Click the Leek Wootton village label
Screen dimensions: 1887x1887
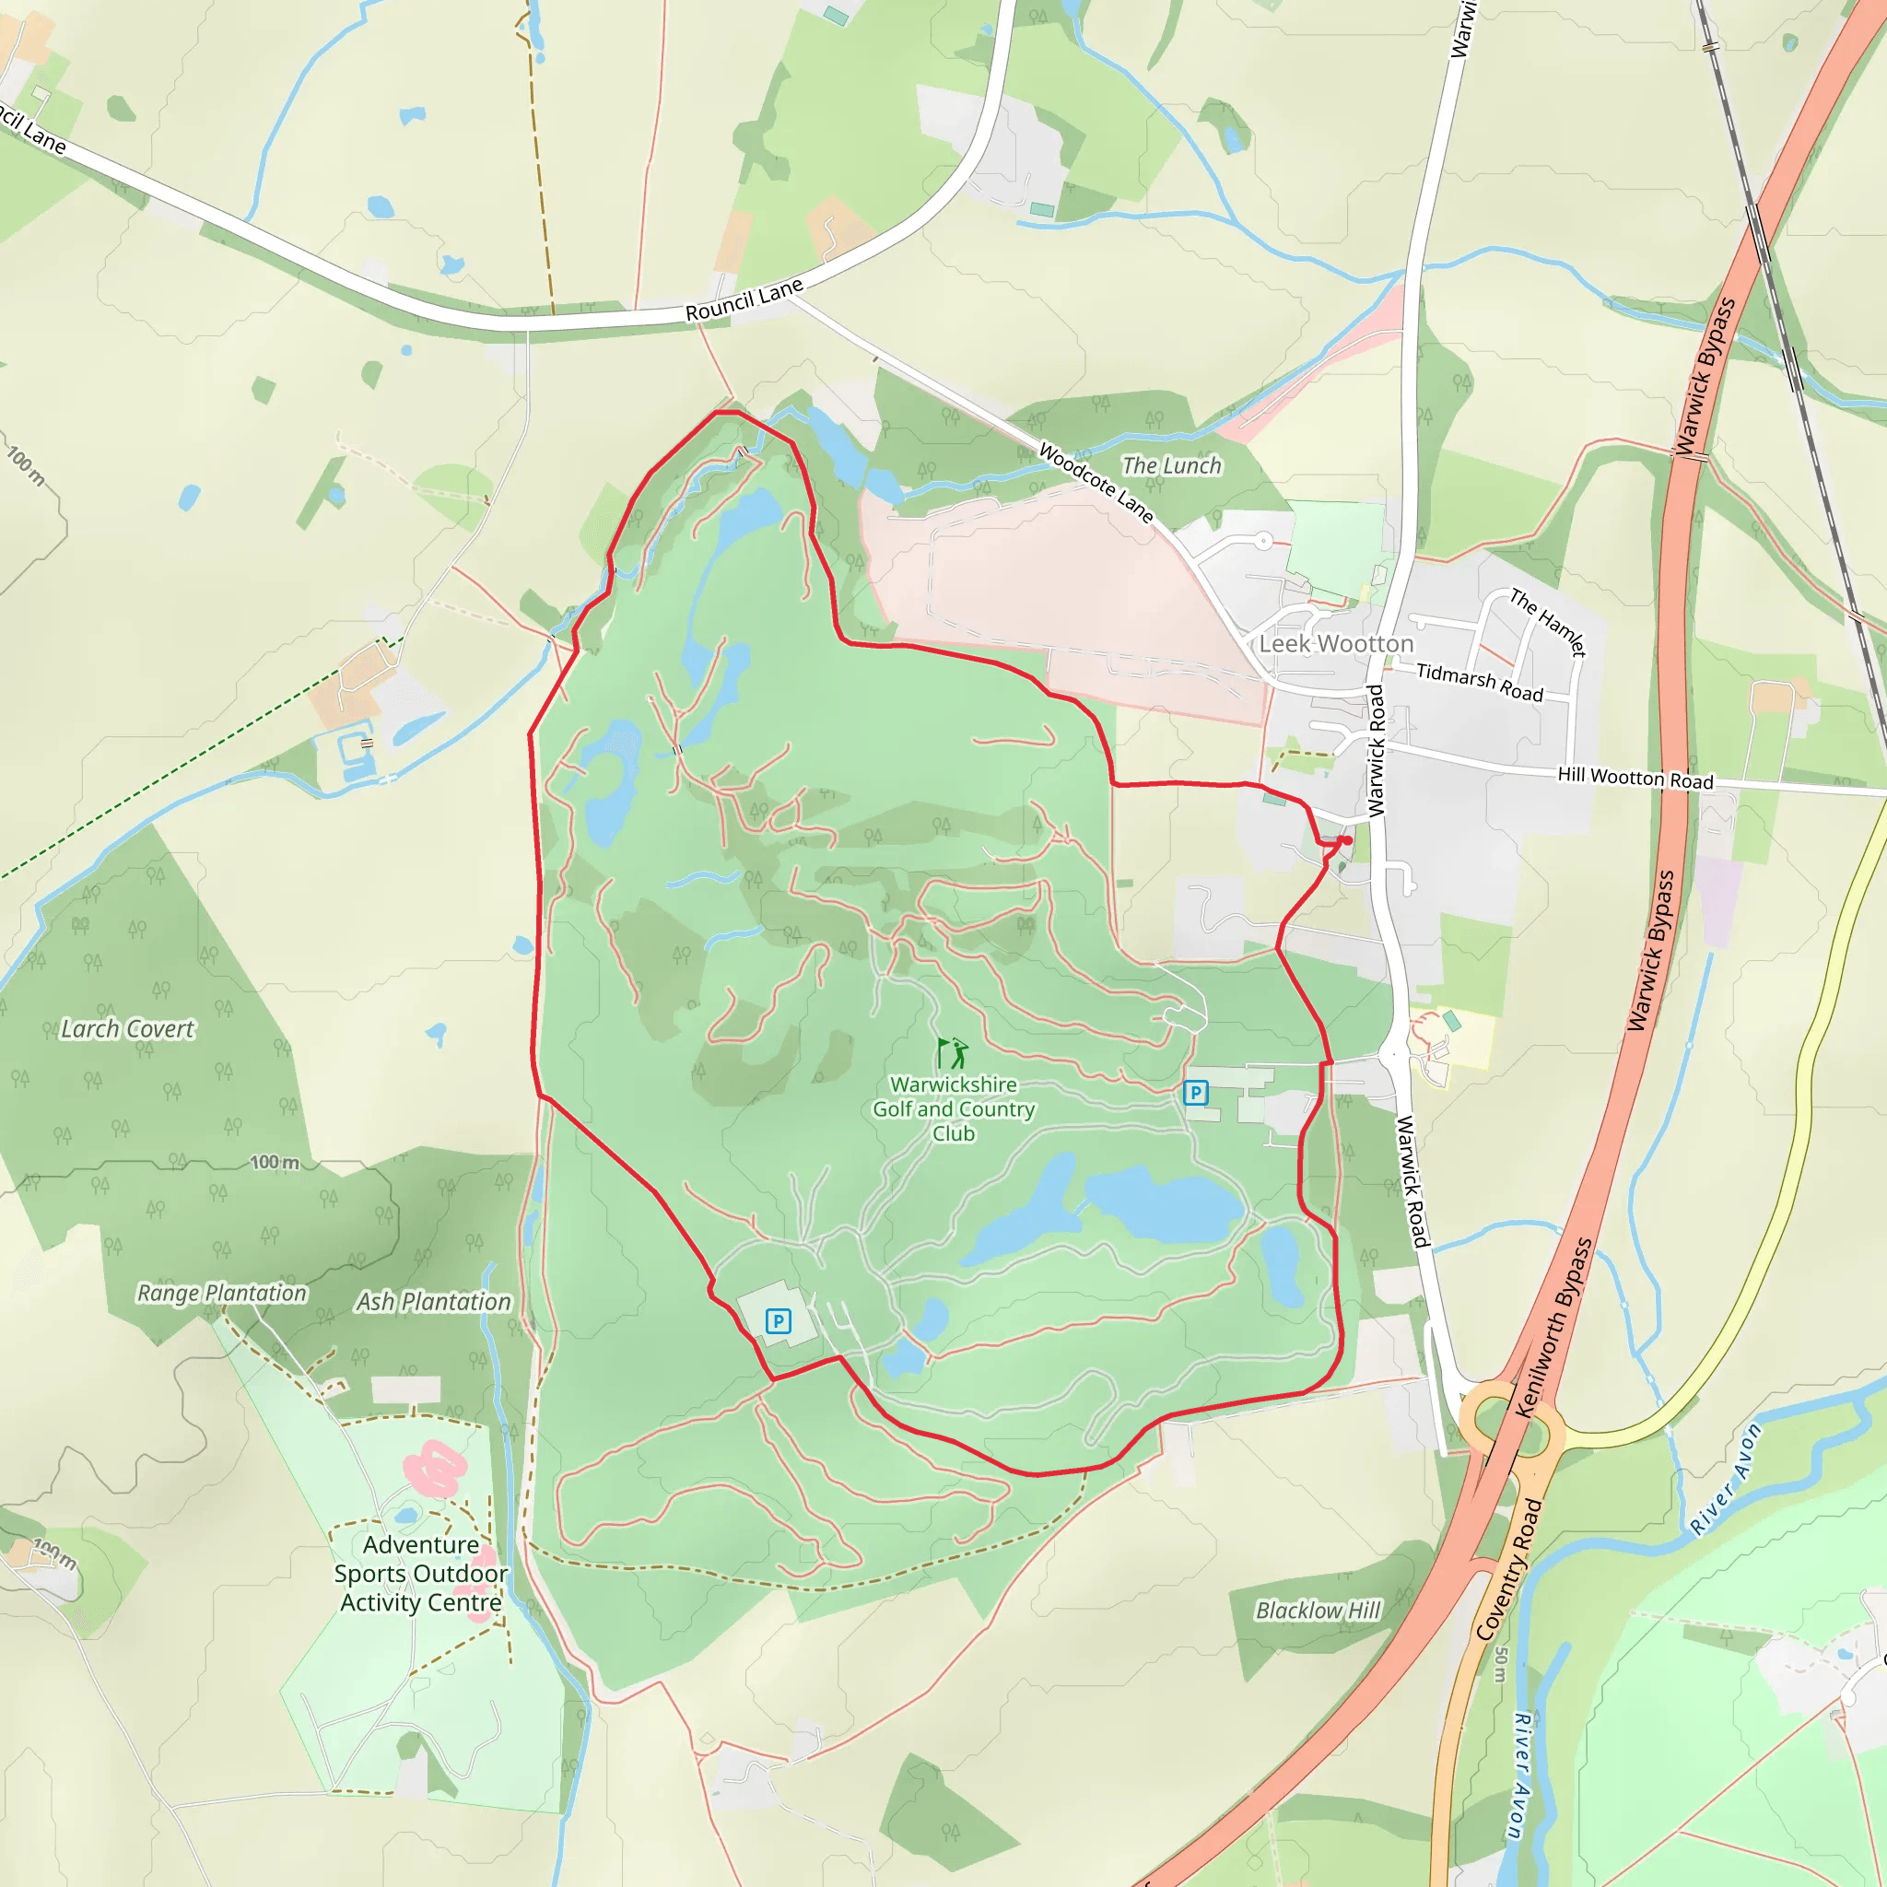coord(1336,644)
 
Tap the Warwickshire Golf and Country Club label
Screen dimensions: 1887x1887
coord(954,1108)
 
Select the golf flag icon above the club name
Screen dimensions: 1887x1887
coord(953,1053)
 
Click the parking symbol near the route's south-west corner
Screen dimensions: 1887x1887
coord(778,1321)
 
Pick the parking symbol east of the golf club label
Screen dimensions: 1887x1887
coord(1194,1092)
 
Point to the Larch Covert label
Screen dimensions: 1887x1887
coord(128,1028)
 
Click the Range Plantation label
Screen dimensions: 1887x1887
coord(222,1292)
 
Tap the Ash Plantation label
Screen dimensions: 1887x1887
coord(433,1301)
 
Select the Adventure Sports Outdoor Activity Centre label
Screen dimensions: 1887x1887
coord(421,1574)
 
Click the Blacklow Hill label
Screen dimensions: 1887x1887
coord(1318,1610)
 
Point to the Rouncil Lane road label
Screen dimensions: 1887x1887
coord(744,299)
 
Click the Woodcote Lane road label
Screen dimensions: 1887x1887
coord(1096,483)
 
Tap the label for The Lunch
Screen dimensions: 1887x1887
coord(1171,466)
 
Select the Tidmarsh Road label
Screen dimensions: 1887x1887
coord(1480,683)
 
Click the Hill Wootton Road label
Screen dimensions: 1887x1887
coord(1635,778)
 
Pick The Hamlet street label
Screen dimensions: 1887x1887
coord(1548,622)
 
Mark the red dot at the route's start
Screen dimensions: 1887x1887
coord(1347,840)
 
